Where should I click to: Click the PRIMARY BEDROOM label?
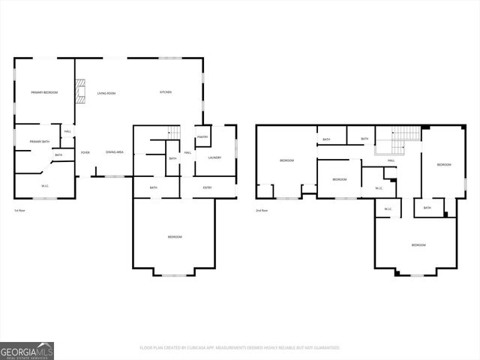[44, 92]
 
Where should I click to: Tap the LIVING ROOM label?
[106, 93]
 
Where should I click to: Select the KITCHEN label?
[166, 92]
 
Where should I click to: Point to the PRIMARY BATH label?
[39, 142]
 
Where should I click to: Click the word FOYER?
[85, 152]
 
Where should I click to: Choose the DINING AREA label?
[115, 152]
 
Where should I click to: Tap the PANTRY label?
[202, 137]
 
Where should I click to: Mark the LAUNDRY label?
[214, 157]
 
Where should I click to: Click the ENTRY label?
[207, 187]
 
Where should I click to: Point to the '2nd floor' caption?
[262, 211]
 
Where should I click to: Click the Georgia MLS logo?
[27, 350]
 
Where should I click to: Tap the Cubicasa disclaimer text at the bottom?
[240, 348]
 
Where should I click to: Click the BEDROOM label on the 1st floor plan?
[174, 237]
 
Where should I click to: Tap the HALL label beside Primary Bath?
[67, 131]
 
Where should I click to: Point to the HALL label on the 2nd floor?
[391, 160]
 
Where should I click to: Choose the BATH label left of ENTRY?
[153, 187]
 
